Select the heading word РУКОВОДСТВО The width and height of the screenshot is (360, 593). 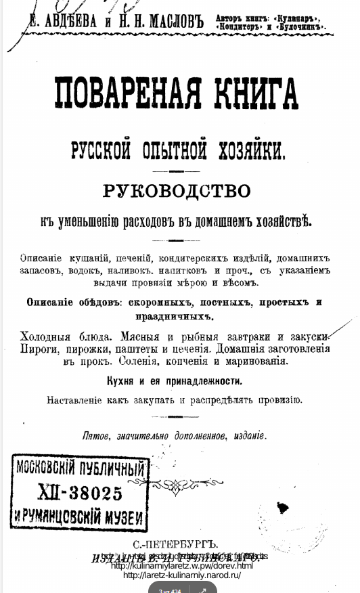click(177, 191)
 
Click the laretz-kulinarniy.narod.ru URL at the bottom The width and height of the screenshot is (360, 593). click(182, 575)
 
